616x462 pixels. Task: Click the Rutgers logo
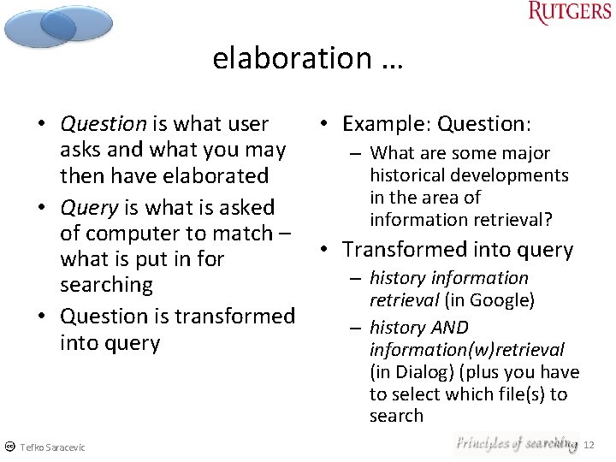(569, 14)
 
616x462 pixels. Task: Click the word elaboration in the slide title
(292, 58)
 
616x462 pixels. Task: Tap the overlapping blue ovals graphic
(57, 26)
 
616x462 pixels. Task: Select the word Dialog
(416, 372)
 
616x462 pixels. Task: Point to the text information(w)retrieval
(466, 350)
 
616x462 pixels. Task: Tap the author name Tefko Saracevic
(53, 447)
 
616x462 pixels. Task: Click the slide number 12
(588, 445)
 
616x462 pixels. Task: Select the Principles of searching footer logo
(516, 443)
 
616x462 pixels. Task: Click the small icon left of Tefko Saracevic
(9, 447)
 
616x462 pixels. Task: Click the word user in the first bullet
(247, 124)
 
